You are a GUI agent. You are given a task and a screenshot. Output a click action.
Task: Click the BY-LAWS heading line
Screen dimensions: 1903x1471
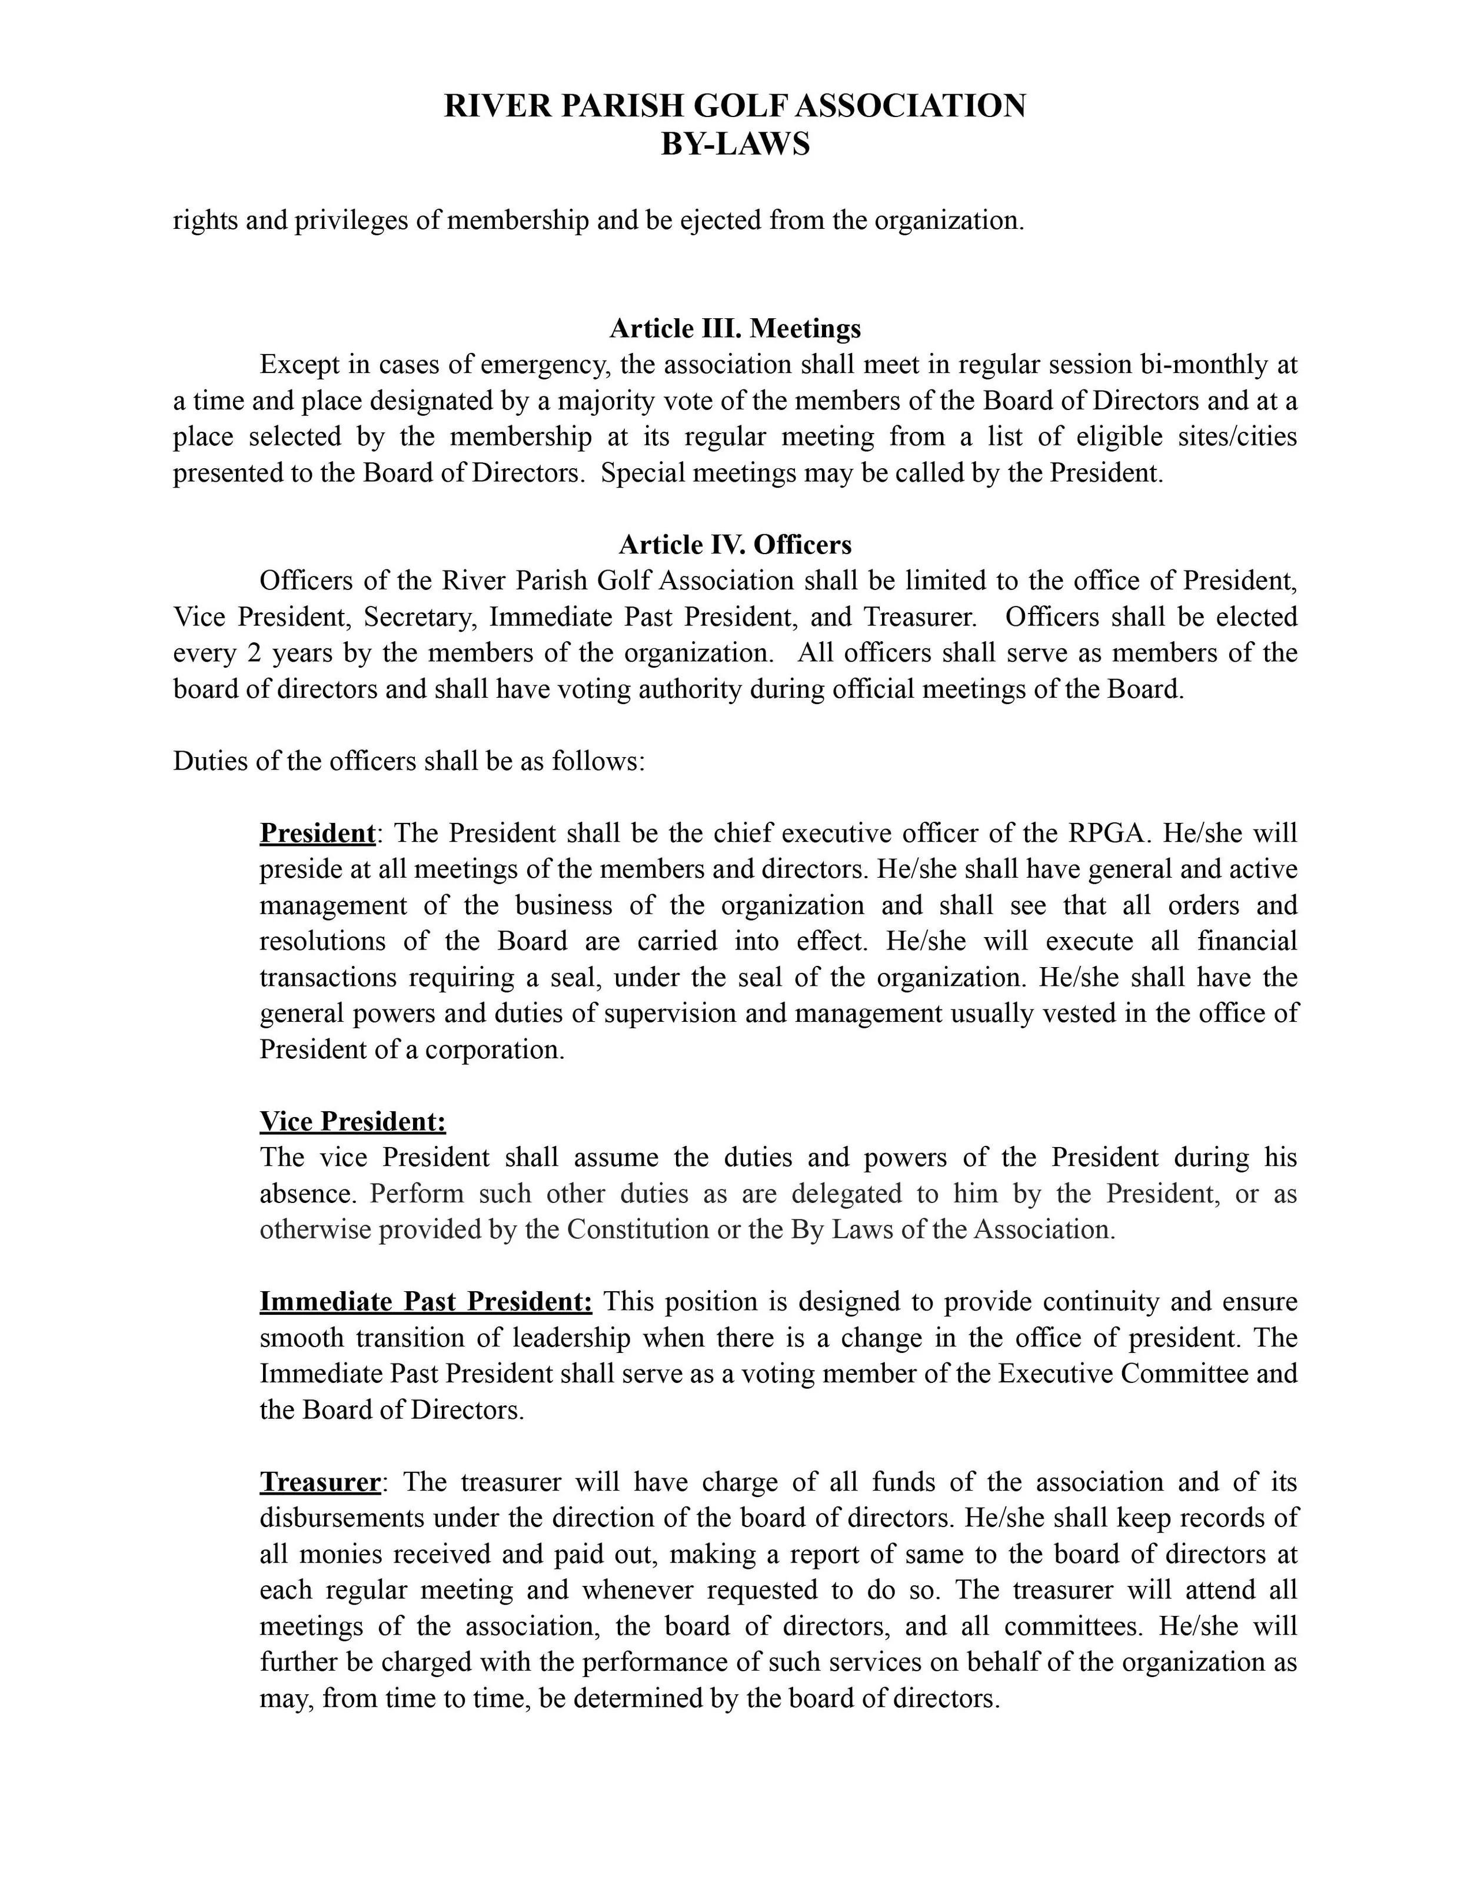click(x=735, y=144)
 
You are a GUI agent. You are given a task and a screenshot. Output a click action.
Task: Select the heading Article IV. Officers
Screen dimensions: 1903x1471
click(x=735, y=545)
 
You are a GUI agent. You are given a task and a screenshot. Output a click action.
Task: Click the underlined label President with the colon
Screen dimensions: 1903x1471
click(x=318, y=834)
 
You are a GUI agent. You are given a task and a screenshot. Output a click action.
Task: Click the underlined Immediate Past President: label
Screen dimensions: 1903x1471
click(x=425, y=1302)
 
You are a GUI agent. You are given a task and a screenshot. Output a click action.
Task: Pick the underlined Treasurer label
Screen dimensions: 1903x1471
click(x=320, y=1482)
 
